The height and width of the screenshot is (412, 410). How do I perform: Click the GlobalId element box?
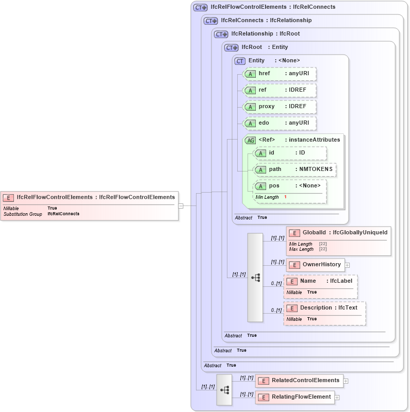[x=338, y=233]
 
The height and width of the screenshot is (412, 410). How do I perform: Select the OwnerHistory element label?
[x=321, y=265]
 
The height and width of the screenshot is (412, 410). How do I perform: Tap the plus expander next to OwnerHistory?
[x=347, y=265]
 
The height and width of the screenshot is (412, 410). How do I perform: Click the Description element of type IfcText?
[x=324, y=308]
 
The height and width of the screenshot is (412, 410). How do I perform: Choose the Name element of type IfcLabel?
[x=320, y=281]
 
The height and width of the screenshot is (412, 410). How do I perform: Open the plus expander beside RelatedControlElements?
[x=346, y=381]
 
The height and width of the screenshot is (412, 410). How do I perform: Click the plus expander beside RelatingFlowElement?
[x=337, y=398]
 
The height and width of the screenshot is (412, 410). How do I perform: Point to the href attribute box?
[x=280, y=74]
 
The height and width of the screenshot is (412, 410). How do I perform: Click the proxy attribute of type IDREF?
[x=280, y=107]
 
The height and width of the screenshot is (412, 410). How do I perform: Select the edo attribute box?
[x=280, y=123]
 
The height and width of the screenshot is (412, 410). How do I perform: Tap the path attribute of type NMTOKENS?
[x=296, y=169]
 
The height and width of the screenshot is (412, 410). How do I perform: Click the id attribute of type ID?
[x=290, y=153]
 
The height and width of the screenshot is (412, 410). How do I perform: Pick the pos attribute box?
[x=290, y=186]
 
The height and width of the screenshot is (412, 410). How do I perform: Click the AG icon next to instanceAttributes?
[x=250, y=140]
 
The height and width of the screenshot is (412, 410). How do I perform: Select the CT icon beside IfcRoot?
[x=231, y=47]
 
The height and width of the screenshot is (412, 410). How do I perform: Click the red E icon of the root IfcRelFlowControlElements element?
[x=9, y=197]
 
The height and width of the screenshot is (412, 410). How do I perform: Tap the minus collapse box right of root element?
[x=181, y=205]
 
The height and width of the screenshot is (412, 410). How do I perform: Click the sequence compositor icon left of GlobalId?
[x=255, y=278]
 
